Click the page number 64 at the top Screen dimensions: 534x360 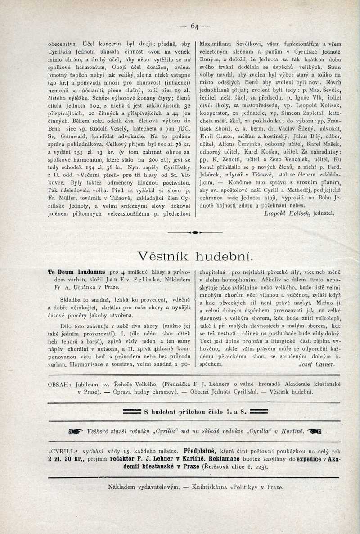[194, 27]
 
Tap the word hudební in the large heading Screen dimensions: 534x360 [225, 257]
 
